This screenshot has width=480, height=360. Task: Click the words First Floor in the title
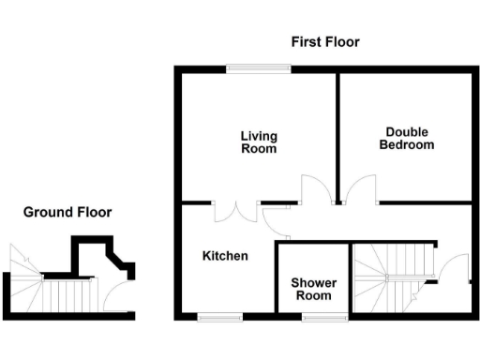click(x=324, y=42)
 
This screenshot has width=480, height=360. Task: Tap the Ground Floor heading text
click(x=67, y=213)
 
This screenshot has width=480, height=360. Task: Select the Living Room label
click(x=259, y=142)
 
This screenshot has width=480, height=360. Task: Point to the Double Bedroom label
click(x=406, y=139)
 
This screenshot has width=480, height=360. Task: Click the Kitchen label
click(x=225, y=256)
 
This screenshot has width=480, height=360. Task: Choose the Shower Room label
click(x=313, y=289)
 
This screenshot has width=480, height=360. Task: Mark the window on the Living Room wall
click(x=257, y=67)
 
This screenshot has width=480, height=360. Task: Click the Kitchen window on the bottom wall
click(x=220, y=317)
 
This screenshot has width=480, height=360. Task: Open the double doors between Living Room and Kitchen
click(x=235, y=210)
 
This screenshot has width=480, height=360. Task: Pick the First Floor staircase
click(x=394, y=276)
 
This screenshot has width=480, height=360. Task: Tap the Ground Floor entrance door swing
click(x=117, y=295)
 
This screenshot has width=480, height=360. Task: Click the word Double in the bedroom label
click(x=406, y=132)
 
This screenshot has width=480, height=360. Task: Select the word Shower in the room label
click(x=313, y=282)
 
